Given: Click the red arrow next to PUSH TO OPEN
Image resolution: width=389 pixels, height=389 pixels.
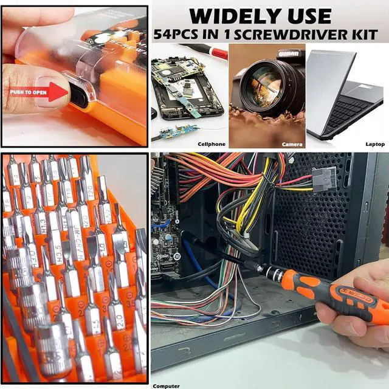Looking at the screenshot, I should [x=58, y=92].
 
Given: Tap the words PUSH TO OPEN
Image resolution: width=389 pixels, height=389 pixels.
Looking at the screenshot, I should [x=27, y=92].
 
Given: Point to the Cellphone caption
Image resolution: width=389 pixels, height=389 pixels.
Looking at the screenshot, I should [x=212, y=144].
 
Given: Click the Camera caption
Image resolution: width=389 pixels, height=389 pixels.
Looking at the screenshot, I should [x=292, y=144].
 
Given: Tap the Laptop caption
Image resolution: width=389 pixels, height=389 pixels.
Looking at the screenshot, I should [x=375, y=144].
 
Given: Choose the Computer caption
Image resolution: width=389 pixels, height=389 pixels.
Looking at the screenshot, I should [x=166, y=385].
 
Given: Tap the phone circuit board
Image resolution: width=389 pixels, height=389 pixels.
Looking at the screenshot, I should [x=182, y=85].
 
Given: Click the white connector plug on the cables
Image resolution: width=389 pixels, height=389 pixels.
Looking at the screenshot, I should [x=323, y=179].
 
